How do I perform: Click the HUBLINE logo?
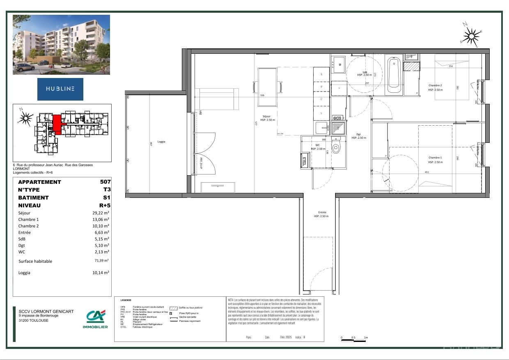click(x=60, y=89)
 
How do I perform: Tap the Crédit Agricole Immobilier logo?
click(x=95, y=319)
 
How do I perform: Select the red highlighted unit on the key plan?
click(x=57, y=124)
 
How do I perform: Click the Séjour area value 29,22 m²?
click(x=101, y=213)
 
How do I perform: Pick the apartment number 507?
click(x=105, y=182)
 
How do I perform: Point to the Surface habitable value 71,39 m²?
click(x=101, y=261)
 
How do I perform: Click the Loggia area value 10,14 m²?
click(x=101, y=273)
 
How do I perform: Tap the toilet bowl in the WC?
click(x=336, y=148)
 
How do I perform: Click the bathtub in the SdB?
click(x=394, y=75)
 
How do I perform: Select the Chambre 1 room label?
click(x=435, y=158)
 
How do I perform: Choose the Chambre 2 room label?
click(x=435, y=85)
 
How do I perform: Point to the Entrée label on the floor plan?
click(x=322, y=212)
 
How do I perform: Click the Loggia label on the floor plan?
click(x=161, y=142)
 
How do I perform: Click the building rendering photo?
click(x=61, y=45)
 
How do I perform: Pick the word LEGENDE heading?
click(x=126, y=300)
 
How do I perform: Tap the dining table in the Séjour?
click(x=267, y=87)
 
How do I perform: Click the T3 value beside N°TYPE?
click(x=107, y=190)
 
